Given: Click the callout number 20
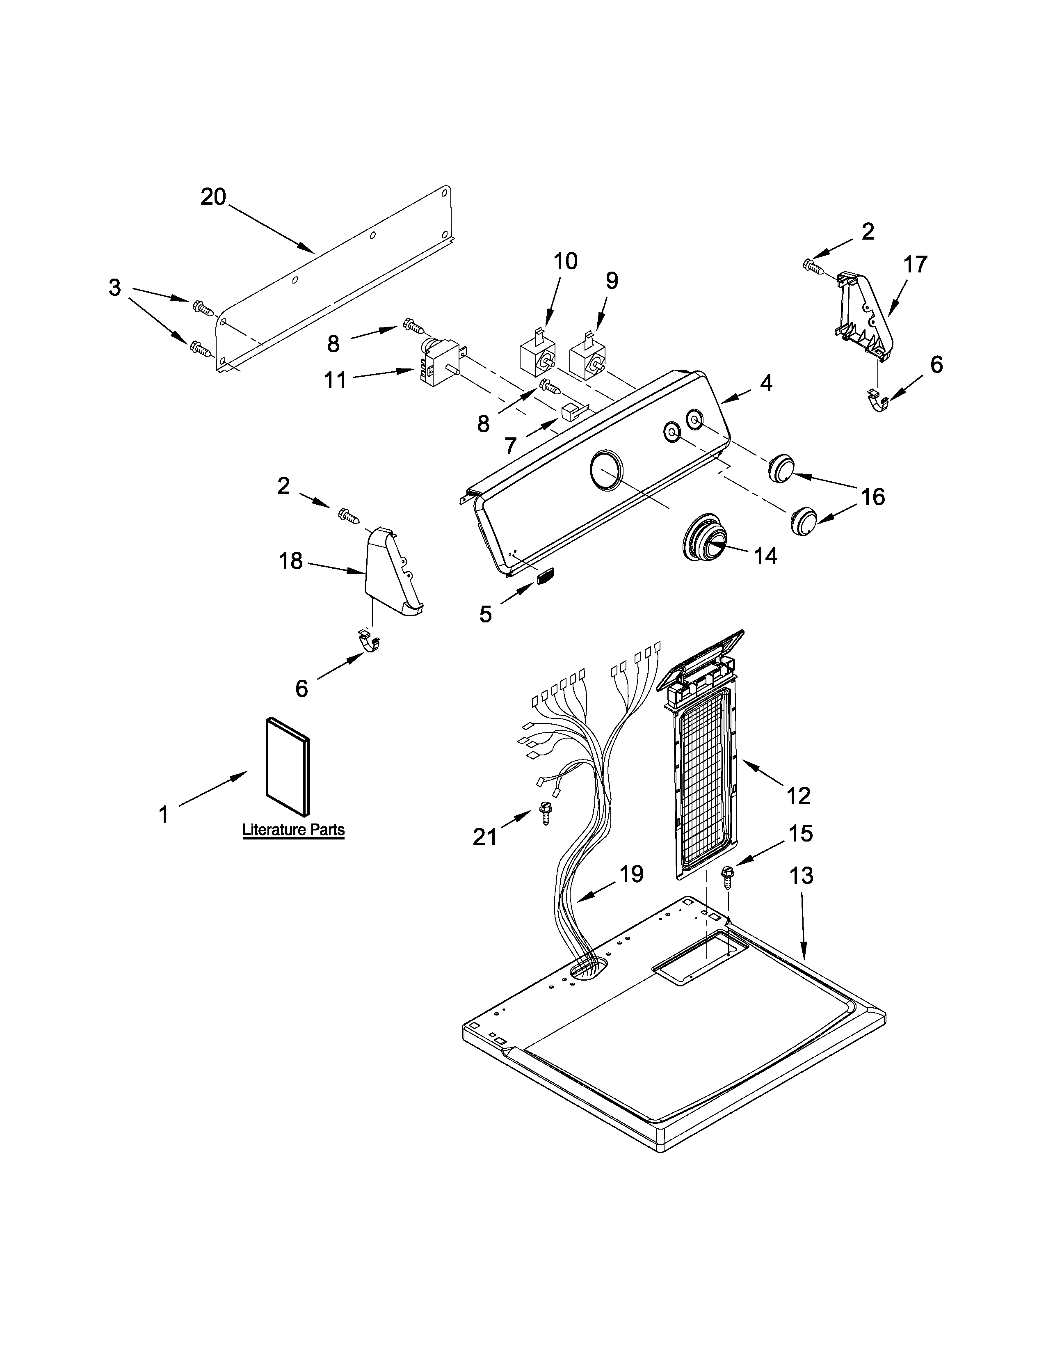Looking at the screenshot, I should click(214, 197).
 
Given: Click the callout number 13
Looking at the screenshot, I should click(801, 876).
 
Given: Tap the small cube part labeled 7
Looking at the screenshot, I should click(569, 411).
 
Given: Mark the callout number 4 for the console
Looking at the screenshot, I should click(766, 384).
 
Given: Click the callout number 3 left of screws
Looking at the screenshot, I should click(114, 288).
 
